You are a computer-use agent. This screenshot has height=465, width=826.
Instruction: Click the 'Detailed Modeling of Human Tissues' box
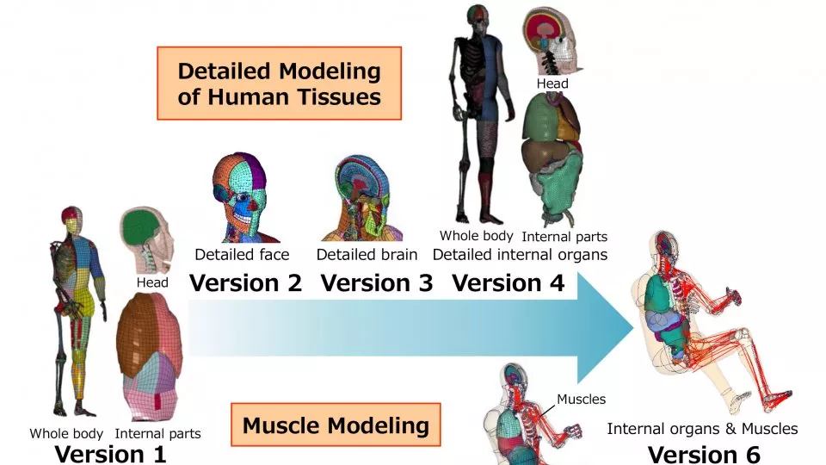(x=280, y=84)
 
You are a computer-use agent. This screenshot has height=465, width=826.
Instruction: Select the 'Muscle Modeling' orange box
(x=336, y=425)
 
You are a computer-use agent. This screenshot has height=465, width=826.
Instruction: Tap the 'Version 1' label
(x=111, y=453)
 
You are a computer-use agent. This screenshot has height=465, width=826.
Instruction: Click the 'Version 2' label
(x=246, y=282)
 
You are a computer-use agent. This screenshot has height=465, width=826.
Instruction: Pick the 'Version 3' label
(x=377, y=282)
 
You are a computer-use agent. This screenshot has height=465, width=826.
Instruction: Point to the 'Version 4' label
(x=508, y=282)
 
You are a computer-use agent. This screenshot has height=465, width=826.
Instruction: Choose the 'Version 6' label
(x=704, y=453)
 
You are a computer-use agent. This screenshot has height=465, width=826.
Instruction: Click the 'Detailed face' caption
(x=242, y=255)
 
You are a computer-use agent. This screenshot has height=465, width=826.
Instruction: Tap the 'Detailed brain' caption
(x=367, y=255)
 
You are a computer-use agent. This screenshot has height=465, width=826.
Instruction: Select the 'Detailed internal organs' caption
(x=520, y=255)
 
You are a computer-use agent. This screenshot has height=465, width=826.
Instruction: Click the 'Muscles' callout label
(x=581, y=399)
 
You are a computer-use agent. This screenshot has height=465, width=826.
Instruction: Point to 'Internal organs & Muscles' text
(x=702, y=429)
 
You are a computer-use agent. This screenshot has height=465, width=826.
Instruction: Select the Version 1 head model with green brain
(x=143, y=237)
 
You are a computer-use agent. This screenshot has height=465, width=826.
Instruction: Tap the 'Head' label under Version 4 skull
(x=552, y=84)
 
